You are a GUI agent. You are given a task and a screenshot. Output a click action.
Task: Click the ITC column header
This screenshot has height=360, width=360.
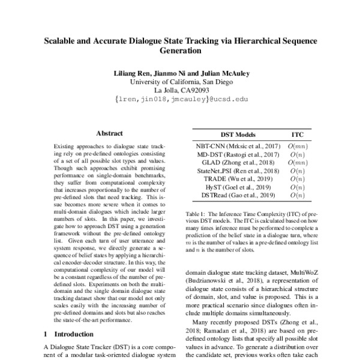tap(298, 135)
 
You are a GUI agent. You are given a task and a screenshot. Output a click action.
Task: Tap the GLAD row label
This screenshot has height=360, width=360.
tap(217, 163)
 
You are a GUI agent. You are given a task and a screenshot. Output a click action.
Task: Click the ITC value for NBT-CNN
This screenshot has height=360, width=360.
tap(298, 146)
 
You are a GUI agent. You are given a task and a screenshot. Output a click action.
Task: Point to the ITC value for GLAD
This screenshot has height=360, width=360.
tap(298, 163)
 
